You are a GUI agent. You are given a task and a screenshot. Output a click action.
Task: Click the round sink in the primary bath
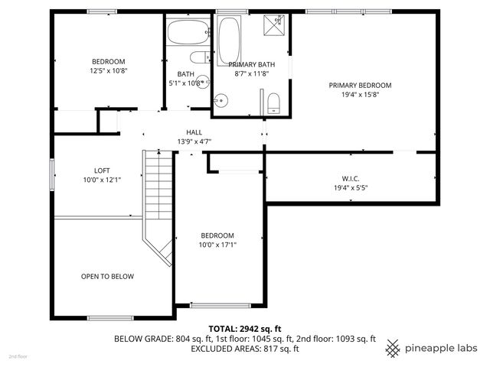click(221, 99)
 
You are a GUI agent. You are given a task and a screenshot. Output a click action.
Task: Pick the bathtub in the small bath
click(187, 32)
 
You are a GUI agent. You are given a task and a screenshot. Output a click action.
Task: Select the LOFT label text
click(103, 171)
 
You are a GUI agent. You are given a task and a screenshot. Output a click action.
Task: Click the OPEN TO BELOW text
click(108, 276)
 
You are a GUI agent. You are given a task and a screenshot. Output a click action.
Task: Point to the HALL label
click(194, 132)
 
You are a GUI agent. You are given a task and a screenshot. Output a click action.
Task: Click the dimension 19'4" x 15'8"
click(354, 95)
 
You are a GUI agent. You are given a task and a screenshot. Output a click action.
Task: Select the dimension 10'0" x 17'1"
click(217, 245)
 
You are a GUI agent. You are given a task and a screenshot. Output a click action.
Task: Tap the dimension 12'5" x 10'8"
click(109, 70)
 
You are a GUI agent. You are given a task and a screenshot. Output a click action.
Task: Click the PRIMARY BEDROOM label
click(354, 85)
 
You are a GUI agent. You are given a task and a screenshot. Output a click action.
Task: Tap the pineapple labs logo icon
click(394, 348)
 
